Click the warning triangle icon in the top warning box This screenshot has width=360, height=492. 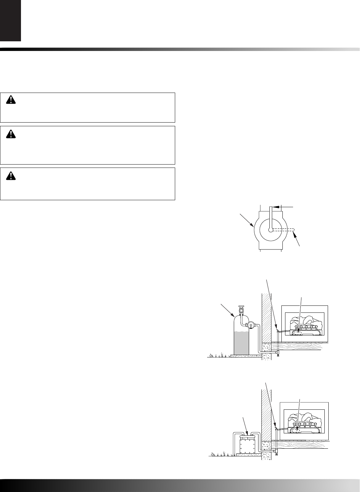[12, 100]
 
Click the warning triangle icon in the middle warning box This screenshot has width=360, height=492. [12, 134]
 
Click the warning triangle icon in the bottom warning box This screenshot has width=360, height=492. [12, 176]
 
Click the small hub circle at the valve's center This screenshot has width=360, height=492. [271, 230]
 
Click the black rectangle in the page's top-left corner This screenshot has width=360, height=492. [10, 20]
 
